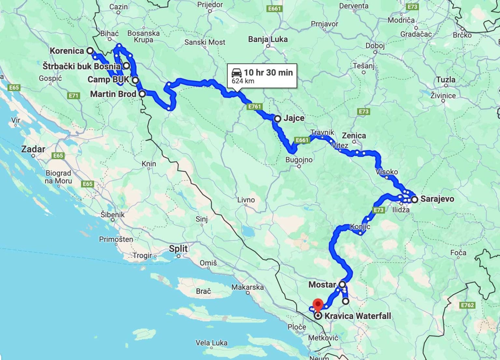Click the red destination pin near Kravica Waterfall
pyautogui.click(x=318, y=305)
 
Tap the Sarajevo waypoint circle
pyautogui.click(x=414, y=199)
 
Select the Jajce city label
pyautogui.click(x=294, y=118)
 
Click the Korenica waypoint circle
pyautogui.click(x=90, y=51)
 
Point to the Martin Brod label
pyautogui.click(x=113, y=94)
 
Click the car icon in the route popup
pyautogui.click(x=237, y=72)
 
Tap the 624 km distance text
pyautogui.click(x=243, y=81)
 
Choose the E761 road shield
pyautogui.click(x=254, y=107)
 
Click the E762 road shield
pyautogui.click(x=467, y=305)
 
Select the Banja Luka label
pyautogui.click(x=268, y=39)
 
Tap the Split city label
pyautogui.click(x=178, y=249)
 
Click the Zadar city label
pyautogui.click(x=33, y=149)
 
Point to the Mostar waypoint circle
pyautogui.click(x=342, y=284)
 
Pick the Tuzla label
pyautogui.click(x=446, y=80)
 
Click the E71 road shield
pyautogui.click(x=74, y=95)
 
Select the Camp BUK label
pyautogui.click(x=108, y=79)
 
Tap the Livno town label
pyautogui.click(x=246, y=200)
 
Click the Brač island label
pyautogui.click(x=203, y=291)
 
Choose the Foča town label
pyautogui.click(x=458, y=253)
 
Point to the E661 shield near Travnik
pyautogui.click(x=302, y=140)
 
